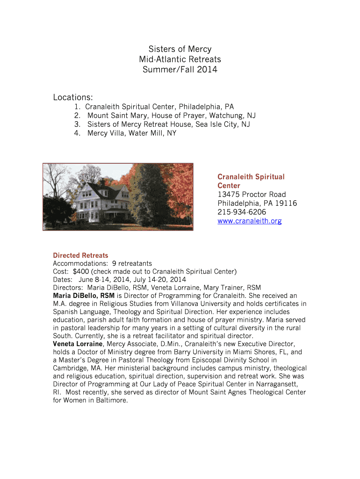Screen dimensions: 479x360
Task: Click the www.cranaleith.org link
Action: pos(249,221)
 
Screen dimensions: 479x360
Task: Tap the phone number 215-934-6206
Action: pos(242,212)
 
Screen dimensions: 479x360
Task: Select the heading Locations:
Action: pos(73,97)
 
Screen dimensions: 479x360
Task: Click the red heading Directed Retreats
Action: pos(80,255)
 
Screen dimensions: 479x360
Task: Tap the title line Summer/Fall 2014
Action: pos(180,70)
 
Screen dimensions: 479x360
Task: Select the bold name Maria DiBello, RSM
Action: pos(84,296)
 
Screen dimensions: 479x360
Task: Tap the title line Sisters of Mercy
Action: pos(180,49)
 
